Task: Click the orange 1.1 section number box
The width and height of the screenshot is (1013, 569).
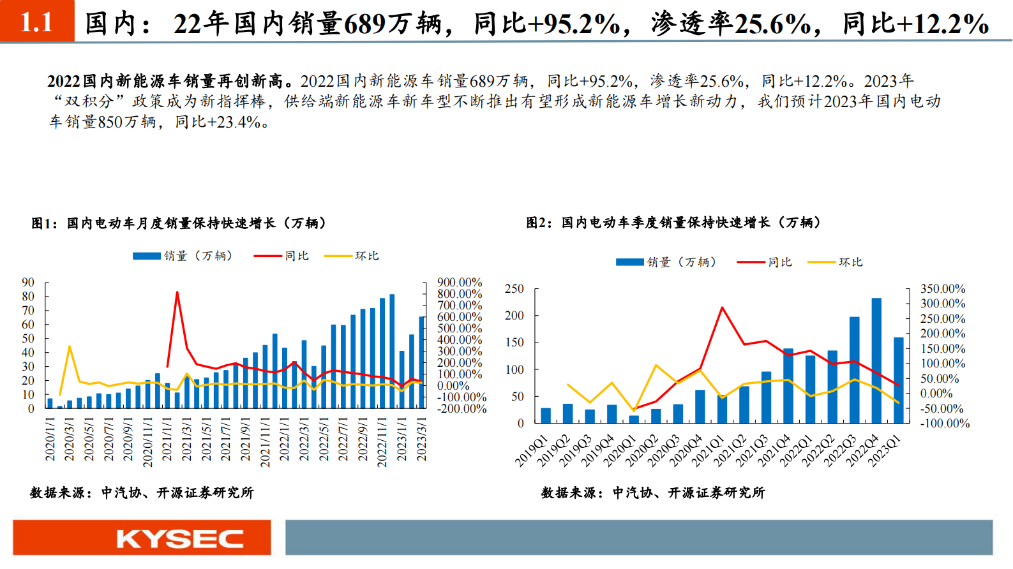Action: point(37,21)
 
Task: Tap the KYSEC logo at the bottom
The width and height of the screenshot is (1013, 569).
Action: point(179,539)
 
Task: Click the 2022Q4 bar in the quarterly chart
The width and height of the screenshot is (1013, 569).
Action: point(876,360)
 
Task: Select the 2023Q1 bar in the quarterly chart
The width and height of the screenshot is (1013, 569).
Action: point(898,380)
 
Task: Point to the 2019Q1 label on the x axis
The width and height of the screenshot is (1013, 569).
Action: point(532,450)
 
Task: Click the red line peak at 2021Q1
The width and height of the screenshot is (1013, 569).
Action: point(722,308)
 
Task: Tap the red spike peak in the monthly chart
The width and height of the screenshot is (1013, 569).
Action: point(177,293)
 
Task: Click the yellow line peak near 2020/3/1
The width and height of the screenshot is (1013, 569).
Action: point(69,347)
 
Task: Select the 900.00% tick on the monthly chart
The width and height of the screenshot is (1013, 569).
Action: point(460,283)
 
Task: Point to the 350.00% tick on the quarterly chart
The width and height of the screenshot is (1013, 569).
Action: point(942,289)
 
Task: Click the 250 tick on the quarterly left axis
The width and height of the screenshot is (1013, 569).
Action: point(514,289)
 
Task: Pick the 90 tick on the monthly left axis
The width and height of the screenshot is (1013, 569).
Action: point(28,283)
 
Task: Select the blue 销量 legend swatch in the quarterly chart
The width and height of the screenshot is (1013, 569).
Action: point(629,262)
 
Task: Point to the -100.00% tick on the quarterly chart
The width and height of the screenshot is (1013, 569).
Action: point(945,424)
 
